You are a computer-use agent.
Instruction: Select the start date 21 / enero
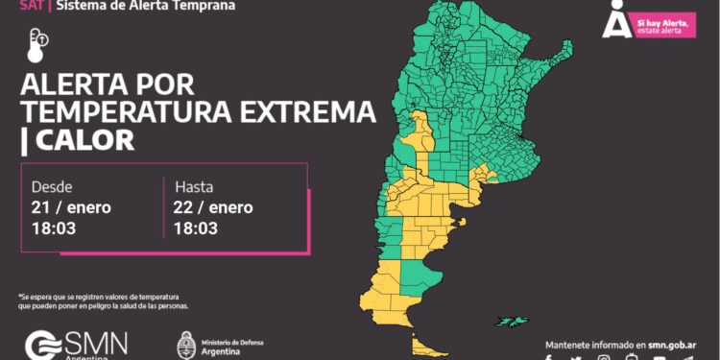[71, 207]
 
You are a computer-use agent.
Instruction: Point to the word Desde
[52, 186]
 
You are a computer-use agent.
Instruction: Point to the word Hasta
[194, 186]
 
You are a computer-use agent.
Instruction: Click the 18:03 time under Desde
[53, 228]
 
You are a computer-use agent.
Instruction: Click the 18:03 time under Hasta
[195, 228]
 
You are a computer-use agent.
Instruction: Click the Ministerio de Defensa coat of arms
[186, 344]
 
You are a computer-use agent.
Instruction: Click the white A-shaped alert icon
[615, 19]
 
